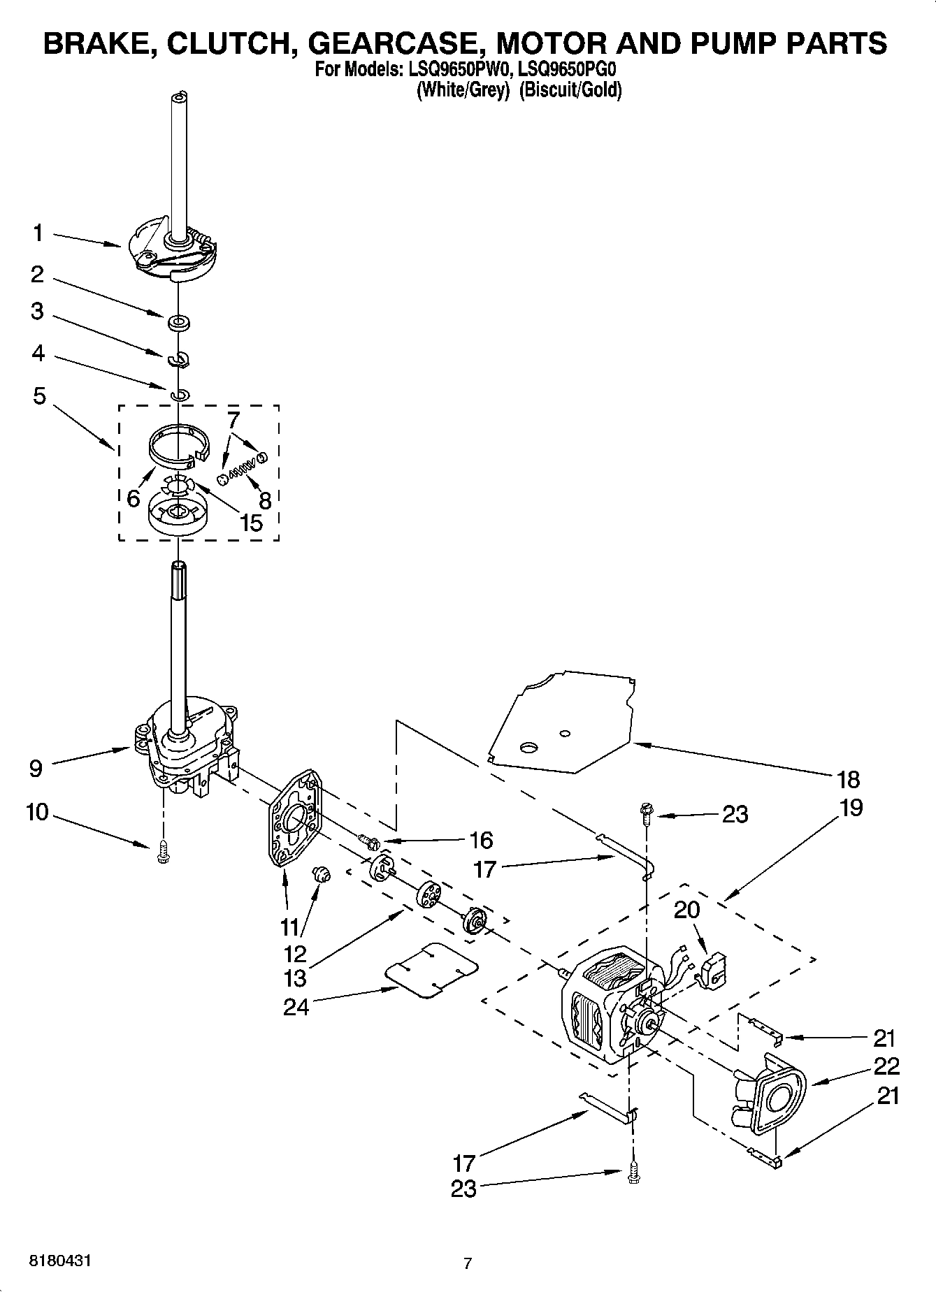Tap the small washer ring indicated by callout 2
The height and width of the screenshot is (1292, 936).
(x=180, y=323)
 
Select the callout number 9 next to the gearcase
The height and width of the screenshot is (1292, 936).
(x=36, y=769)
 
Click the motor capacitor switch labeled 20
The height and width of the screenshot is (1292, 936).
(x=714, y=972)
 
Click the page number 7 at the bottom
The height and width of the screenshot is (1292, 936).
(x=468, y=1263)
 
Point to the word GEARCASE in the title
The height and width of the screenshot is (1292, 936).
(x=396, y=43)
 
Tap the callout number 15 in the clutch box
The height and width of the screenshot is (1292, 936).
(x=251, y=522)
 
